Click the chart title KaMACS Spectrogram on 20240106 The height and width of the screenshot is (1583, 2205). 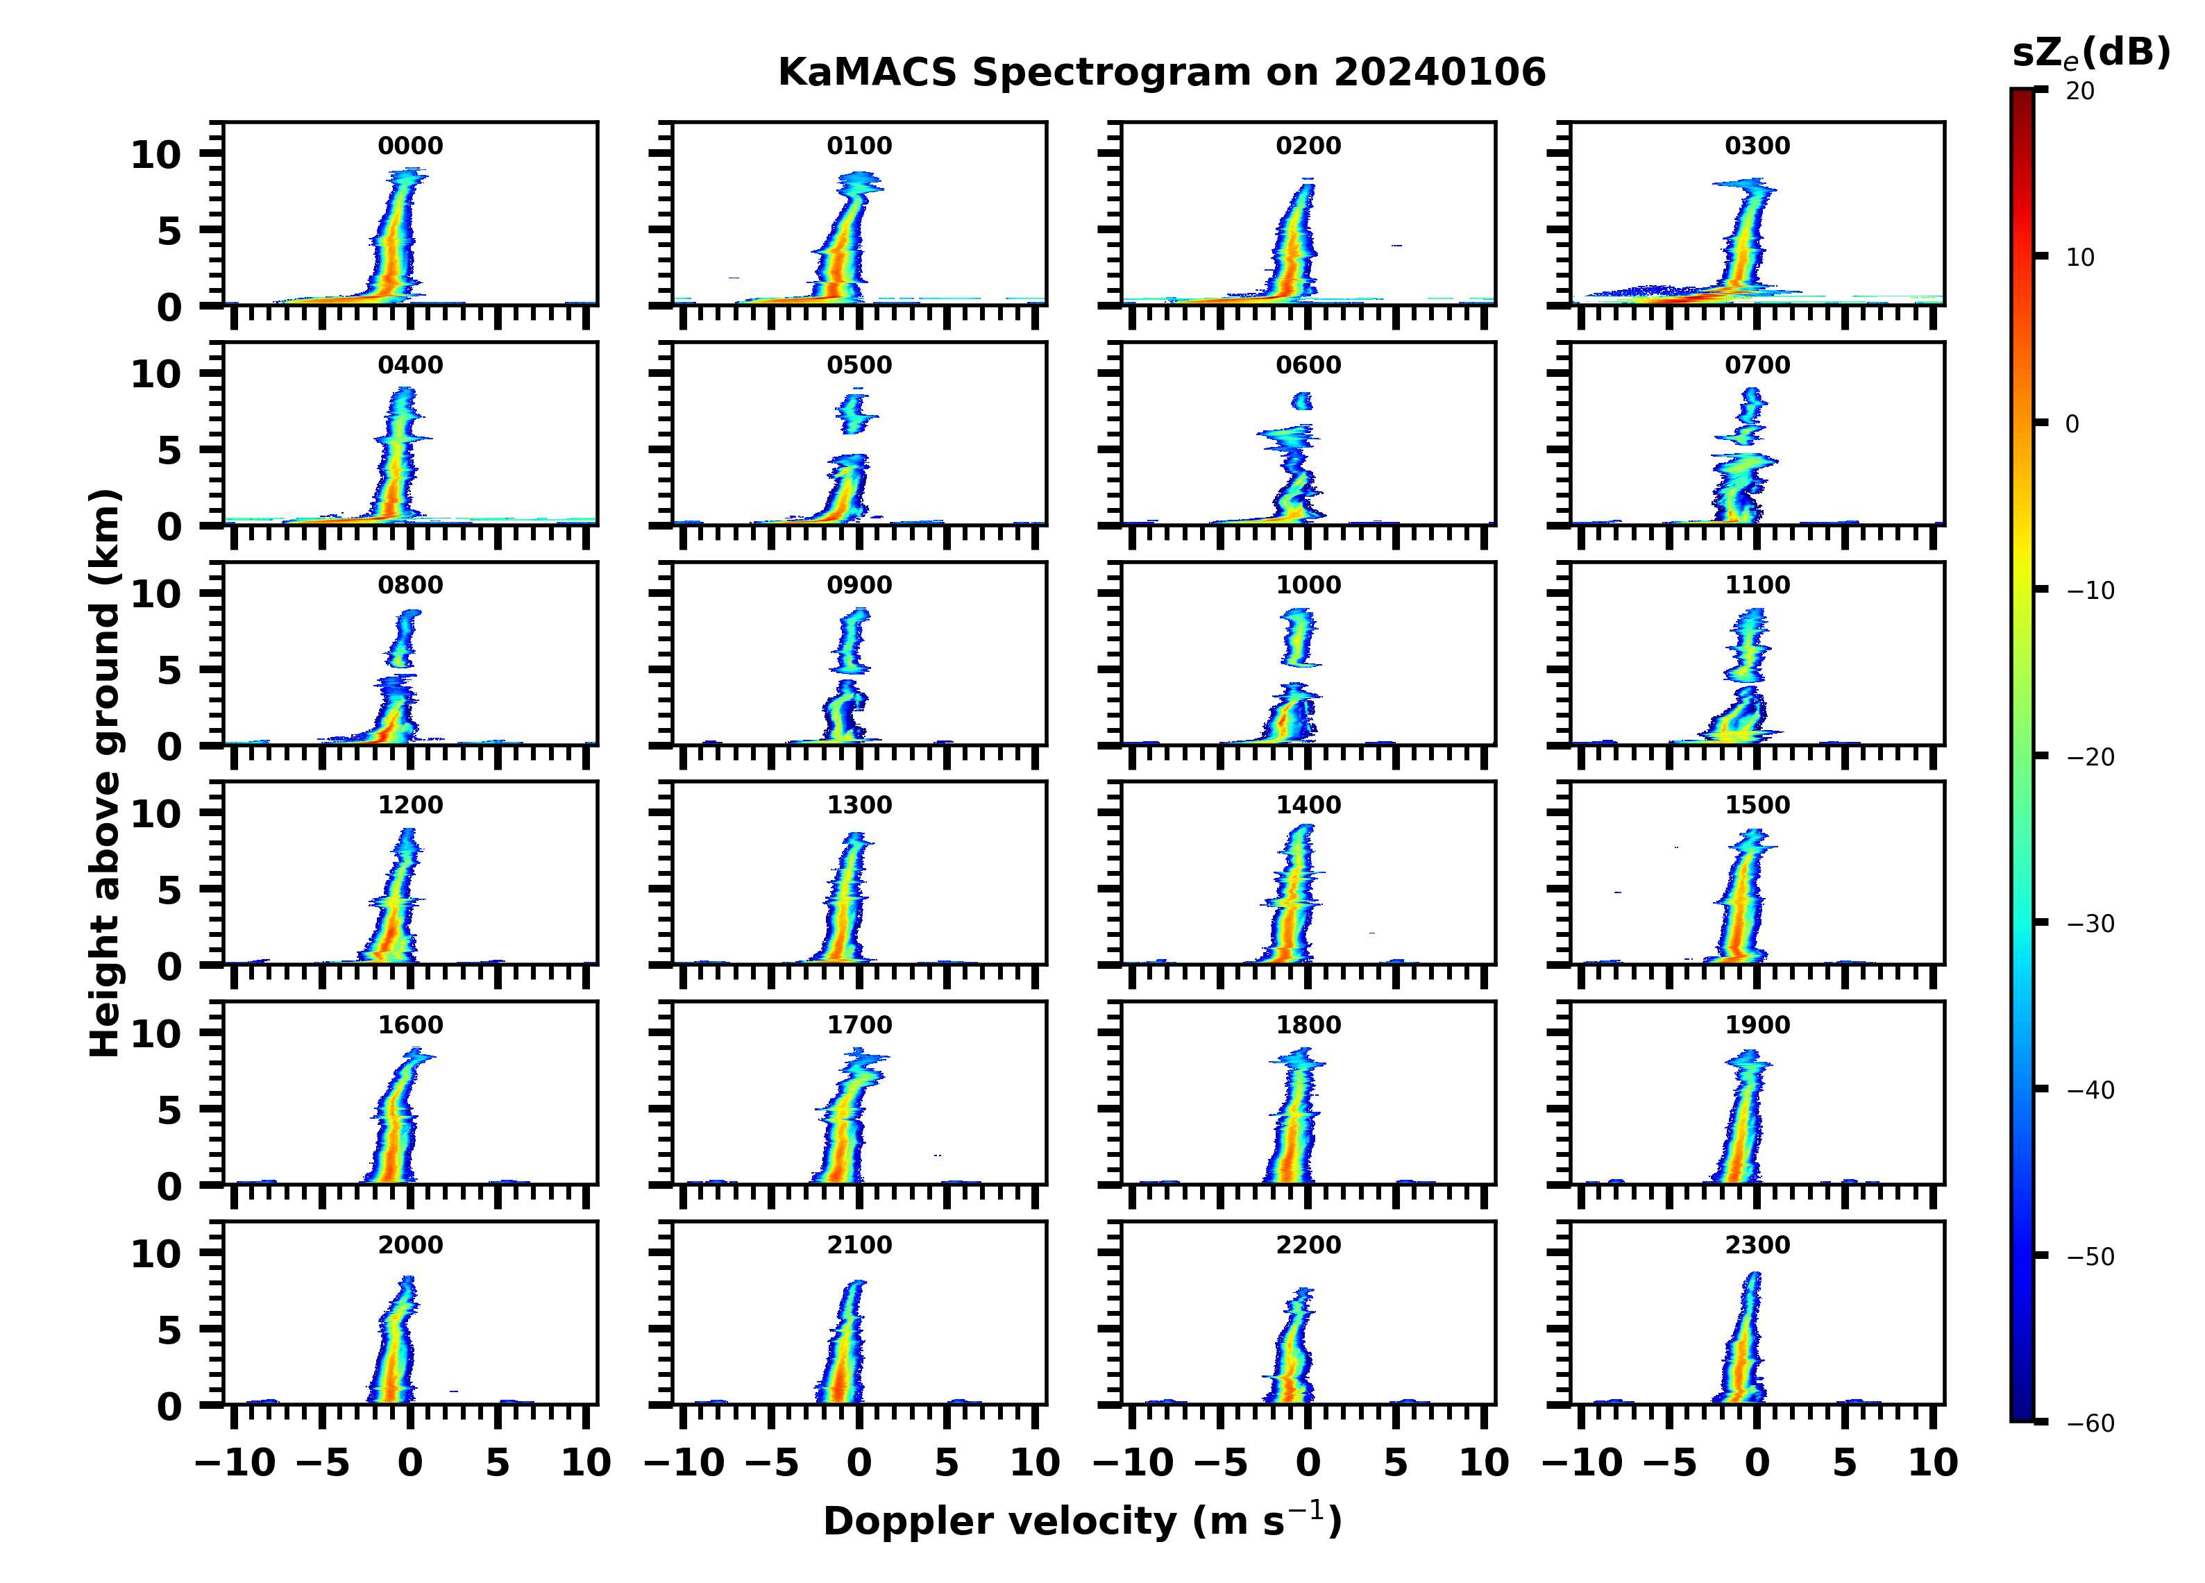[1161, 73]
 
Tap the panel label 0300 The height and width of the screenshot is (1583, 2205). [1757, 146]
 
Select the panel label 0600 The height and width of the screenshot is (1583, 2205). [1308, 366]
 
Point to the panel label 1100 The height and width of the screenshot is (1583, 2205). [1757, 585]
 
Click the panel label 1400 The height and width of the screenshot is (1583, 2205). [1308, 805]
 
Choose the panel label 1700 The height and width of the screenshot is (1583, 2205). [859, 1025]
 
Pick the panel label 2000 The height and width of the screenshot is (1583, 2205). [409, 1244]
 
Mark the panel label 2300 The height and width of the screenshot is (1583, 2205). [1757, 1244]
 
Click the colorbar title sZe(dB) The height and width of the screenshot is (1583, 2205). [2090, 53]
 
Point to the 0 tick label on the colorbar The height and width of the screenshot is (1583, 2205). [2072, 424]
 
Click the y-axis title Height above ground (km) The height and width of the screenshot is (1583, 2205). [105, 773]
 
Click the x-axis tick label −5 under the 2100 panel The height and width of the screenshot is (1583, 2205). [771, 1462]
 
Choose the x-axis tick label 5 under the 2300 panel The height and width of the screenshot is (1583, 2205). [1844, 1462]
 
